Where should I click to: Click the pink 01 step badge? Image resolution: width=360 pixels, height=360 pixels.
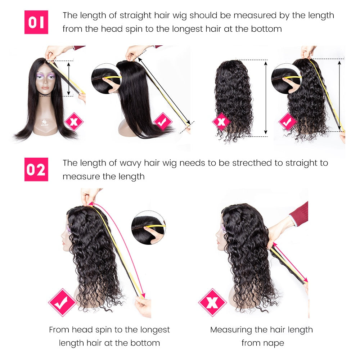[x=36, y=22]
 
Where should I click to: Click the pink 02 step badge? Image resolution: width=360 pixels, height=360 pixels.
[x=36, y=170]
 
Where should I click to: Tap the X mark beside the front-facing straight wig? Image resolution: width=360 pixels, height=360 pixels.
[x=74, y=121]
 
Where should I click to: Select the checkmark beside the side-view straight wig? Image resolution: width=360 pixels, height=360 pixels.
[x=163, y=121]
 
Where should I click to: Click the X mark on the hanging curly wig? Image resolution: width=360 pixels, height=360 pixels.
[x=221, y=121]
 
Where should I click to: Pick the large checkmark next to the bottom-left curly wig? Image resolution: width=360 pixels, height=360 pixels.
[x=62, y=302]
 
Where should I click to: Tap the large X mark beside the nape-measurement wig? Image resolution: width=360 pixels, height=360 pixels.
[x=212, y=302]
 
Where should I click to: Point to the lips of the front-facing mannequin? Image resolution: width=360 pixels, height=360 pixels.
[x=45, y=88]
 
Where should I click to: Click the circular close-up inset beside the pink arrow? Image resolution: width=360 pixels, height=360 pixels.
[x=148, y=227]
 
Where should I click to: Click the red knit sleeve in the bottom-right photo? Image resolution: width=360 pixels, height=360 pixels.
[x=299, y=214]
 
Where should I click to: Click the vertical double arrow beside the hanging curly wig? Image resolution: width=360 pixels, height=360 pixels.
[x=266, y=98]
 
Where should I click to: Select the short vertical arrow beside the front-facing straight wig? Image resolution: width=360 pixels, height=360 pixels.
[x=68, y=79]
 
